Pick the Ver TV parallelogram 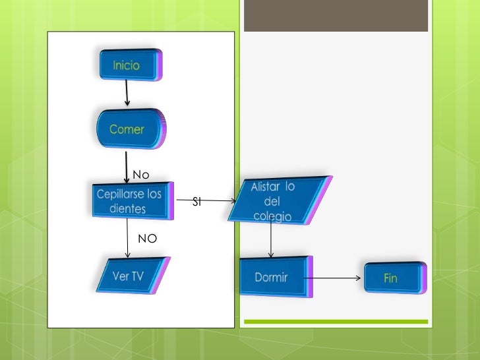(x=132, y=276)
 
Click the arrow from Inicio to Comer (x=127, y=94)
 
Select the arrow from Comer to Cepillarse (x=127, y=167)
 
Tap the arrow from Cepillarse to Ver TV (x=127, y=238)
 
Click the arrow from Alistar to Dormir (x=271, y=239)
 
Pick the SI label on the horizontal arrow (x=196, y=202)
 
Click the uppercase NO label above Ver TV (x=147, y=239)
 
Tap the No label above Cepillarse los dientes (x=141, y=175)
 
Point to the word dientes (x=129, y=208)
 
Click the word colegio (x=272, y=216)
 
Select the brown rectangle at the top (x=336, y=16)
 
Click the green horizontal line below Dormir (x=336, y=322)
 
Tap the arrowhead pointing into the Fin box (x=358, y=278)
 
